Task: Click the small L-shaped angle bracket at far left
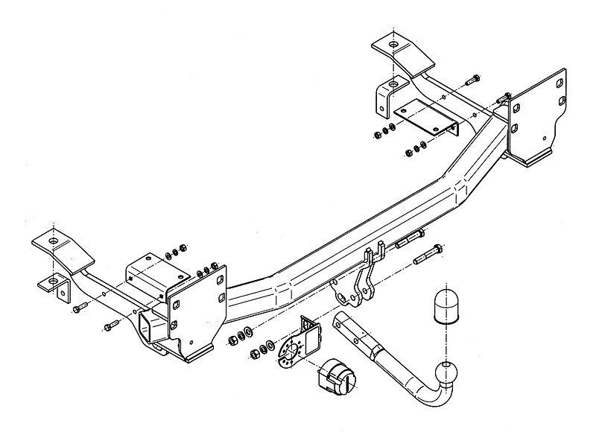coord(57,285)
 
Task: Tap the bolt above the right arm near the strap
coord(471,80)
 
